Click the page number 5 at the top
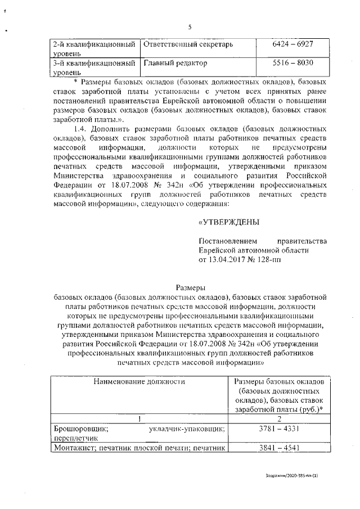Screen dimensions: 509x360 click(190, 27)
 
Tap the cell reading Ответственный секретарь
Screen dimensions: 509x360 click(188, 43)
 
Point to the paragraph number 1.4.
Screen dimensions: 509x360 click(74, 129)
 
